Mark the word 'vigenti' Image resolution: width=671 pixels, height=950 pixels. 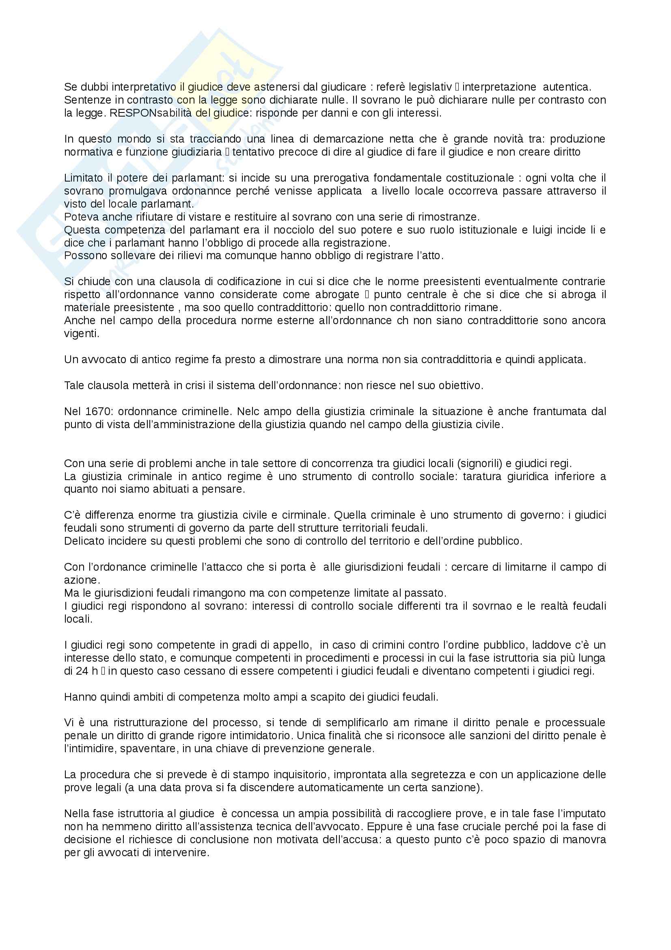coord(82,333)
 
